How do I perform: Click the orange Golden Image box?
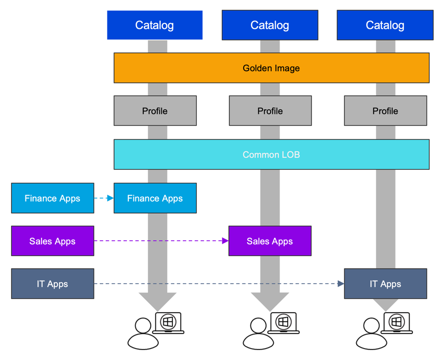(x=271, y=68)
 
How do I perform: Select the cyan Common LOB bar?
(x=271, y=154)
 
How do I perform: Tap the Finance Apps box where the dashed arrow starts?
(x=52, y=198)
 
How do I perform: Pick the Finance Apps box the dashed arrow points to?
(x=155, y=198)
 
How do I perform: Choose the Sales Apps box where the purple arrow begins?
(x=52, y=241)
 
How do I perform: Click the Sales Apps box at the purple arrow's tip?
(x=270, y=241)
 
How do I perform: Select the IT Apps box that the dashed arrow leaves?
(x=52, y=284)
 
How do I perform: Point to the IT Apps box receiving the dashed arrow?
(x=385, y=284)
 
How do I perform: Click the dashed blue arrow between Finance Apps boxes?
(x=104, y=198)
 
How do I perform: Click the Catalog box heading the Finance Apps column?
(x=155, y=25)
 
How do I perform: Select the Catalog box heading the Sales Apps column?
(x=270, y=25)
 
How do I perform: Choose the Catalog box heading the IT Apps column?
(x=385, y=25)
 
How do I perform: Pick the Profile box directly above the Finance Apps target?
(x=155, y=111)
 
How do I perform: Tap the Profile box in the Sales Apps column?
(x=270, y=111)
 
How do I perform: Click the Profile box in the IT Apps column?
(x=385, y=111)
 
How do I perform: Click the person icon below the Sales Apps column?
(x=258, y=335)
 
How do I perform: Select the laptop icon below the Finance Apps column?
(x=168, y=323)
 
